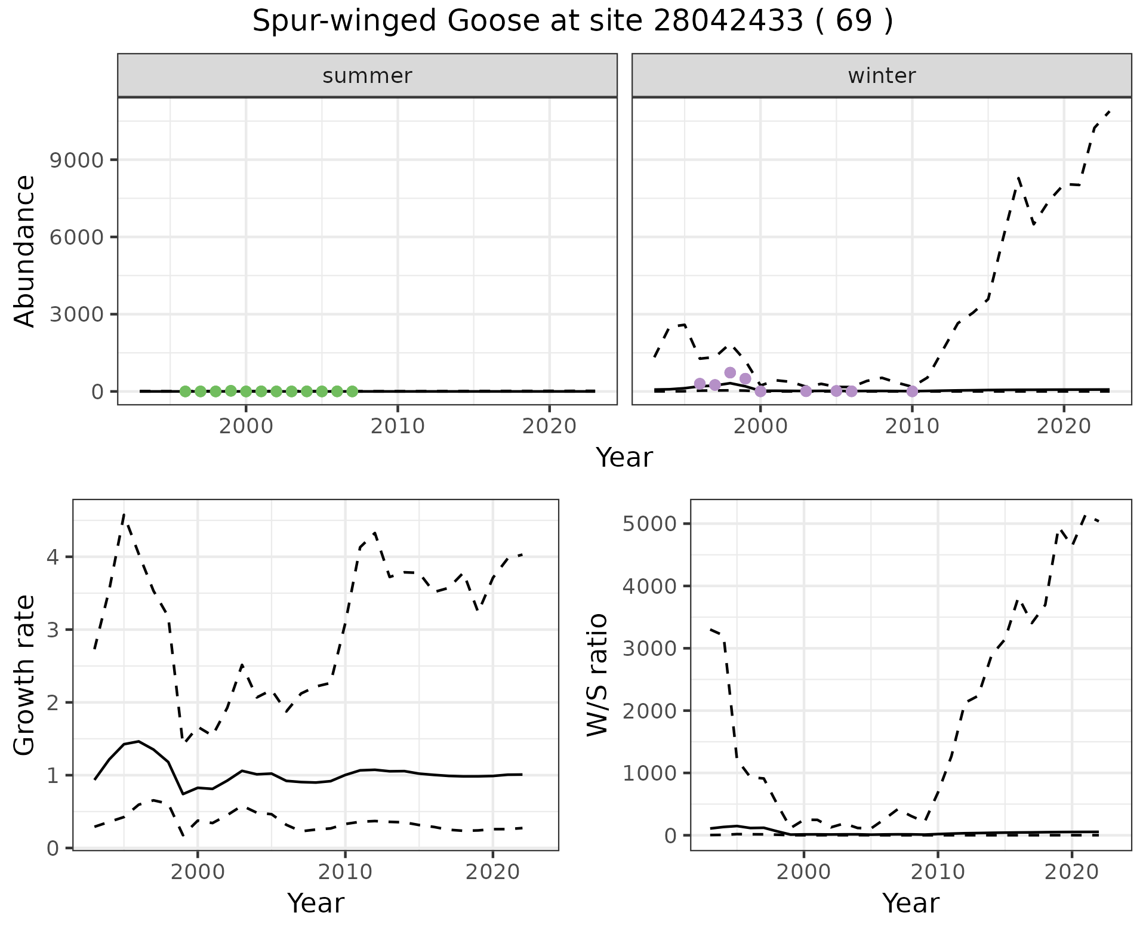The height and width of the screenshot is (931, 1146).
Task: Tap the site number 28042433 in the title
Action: click(x=728, y=22)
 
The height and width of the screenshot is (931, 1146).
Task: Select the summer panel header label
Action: click(x=367, y=76)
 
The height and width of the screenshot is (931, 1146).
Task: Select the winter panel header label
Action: click(x=882, y=76)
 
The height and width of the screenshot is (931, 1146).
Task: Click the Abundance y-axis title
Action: click(x=25, y=251)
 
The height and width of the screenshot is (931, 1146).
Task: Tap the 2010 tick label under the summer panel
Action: click(x=398, y=426)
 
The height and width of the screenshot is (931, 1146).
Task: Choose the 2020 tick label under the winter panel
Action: click(x=1064, y=426)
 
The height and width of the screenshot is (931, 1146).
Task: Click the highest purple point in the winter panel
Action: click(x=730, y=373)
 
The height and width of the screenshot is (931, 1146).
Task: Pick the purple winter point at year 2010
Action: click(x=912, y=391)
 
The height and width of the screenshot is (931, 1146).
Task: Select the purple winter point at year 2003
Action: click(x=806, y=391)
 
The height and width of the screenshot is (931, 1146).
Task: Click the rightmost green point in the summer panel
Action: click(x=352, y=391)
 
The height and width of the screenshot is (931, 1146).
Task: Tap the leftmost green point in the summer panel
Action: click(x=185, y=391)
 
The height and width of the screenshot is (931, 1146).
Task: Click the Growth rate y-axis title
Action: click(x=25, y=676)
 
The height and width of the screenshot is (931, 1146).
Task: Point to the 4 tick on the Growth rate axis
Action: click(x=53, y=557)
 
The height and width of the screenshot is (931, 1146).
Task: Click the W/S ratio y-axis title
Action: click(x=597, y=674)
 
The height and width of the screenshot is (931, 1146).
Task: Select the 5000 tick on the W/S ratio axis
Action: click(x=649, y=524)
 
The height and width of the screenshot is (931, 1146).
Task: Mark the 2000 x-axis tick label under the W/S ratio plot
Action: click(x=803, y=872)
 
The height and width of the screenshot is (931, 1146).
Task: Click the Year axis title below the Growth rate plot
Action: click(x=315, y=903)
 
